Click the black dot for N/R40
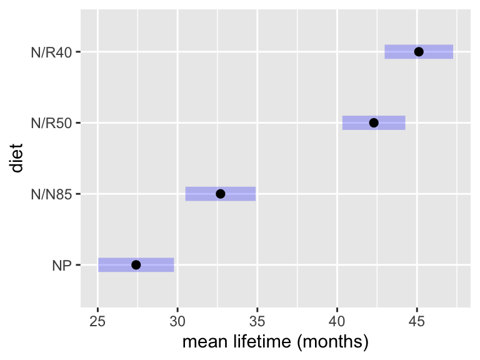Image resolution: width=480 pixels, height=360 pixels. (419, 52)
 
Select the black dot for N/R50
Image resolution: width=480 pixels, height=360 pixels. (374, 122)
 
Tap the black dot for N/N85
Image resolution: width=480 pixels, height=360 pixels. (221, 194)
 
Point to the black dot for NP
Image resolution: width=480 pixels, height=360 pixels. (136, 265)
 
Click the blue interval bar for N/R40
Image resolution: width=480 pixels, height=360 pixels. (419, 52)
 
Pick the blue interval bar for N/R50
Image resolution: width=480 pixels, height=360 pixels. (374, 122)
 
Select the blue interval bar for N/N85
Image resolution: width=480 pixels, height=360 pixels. (221, 194)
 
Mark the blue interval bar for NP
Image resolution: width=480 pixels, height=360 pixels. (136, 265)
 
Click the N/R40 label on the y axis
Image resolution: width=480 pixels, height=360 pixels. (51, 52)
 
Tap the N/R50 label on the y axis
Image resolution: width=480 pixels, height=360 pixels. (51, 123)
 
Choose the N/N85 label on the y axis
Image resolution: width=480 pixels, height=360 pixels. (51, 194)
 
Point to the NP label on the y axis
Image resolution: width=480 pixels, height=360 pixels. (62, 266)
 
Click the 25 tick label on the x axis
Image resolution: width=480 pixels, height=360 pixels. (97, 321)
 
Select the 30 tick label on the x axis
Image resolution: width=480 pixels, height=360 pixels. (177, 321)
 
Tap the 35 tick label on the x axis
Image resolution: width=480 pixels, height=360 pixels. (257, 321)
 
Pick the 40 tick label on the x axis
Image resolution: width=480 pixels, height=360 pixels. (337, 321)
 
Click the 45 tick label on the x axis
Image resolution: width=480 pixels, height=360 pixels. (417, 321)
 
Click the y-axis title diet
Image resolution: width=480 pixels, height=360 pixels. (16, 158)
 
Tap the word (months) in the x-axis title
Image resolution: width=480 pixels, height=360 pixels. (332, 342)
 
